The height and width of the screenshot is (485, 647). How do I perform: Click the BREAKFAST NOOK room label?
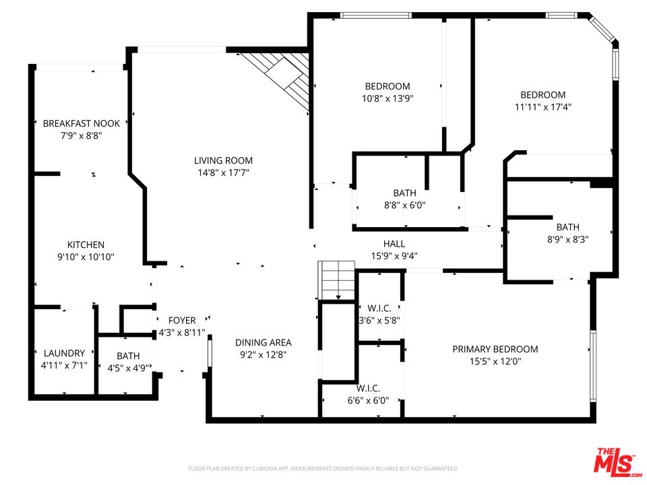(81, 123)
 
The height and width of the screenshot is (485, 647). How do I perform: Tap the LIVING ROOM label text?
(223, 160)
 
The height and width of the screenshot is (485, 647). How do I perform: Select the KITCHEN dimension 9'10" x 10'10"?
(86, 257)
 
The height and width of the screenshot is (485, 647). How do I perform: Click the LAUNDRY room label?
(64, 353)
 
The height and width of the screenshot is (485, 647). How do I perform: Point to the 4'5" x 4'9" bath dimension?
(127, 368)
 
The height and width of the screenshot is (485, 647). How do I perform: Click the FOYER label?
(182, 321)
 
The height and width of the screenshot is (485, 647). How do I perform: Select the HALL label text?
(394, 244)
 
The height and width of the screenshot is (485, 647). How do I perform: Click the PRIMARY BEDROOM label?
(495, 349)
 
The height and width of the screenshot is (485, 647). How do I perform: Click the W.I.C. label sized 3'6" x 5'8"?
(379, 309)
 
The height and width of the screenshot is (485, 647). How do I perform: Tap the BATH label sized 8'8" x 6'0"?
(404, 193)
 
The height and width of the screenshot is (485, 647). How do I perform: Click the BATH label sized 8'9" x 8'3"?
(567, 227)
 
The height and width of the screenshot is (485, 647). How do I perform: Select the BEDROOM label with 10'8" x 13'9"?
(388, 86)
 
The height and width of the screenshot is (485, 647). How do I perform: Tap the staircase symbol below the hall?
(336, 279)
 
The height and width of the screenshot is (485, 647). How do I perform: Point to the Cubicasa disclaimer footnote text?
(323, 468)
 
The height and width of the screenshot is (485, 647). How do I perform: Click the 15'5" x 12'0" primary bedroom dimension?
(495, 361)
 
